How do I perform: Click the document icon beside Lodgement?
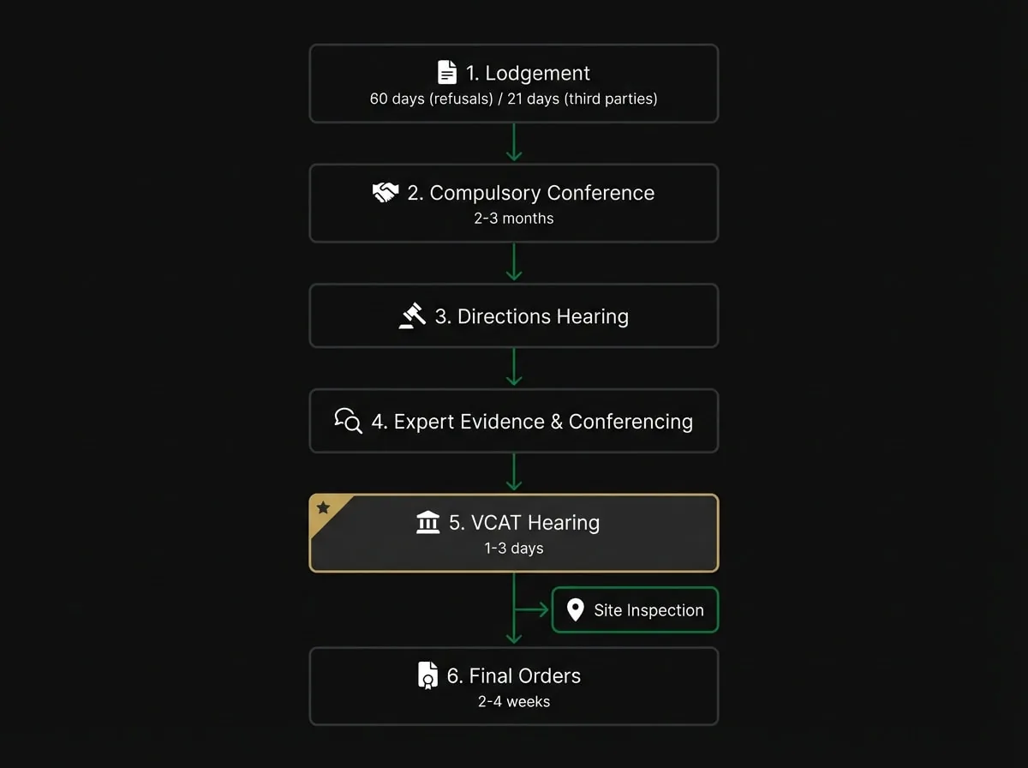[x=447, y=72]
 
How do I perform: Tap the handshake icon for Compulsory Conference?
[x=385, y=192]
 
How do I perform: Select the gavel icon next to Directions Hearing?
[x=412, y=315]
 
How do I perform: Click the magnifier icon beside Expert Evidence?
[x=349, y=420]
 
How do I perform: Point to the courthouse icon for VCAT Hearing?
[x=428, y=522]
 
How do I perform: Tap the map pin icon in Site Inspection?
[x=575, y=609]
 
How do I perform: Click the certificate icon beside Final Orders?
[x=427, y=675]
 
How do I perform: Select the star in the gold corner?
[x=323, y=507]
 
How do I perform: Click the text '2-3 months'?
[x=514, y=219]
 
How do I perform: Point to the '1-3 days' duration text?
[x=514, y=549]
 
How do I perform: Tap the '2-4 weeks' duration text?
[x=514, y=701]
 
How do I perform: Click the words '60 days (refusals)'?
[x=432, y=99]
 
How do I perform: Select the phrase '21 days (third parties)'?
[x=583, y=99]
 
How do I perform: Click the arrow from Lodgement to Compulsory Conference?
[x=514, y=142]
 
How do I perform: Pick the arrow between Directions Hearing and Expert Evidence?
[x=514, y=367]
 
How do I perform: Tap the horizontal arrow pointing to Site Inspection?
[x=532, y=609]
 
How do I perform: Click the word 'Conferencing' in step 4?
[x=631, y=422]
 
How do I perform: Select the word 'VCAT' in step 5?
[x=496, y=523]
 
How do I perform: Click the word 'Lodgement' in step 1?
[x=538, y=74]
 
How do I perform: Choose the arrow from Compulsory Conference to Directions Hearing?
[x=514, y=262]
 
